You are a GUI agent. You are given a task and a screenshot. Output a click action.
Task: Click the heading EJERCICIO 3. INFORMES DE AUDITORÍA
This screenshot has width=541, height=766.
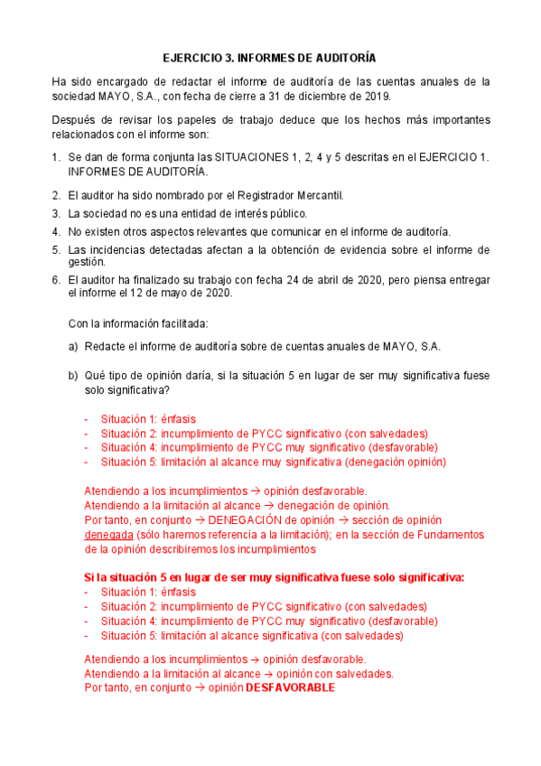pos(269,56)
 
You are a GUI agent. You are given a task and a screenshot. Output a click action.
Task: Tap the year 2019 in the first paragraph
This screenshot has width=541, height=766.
pos(377,96)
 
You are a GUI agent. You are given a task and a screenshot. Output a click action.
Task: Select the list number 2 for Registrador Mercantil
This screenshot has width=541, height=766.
pos(55,195)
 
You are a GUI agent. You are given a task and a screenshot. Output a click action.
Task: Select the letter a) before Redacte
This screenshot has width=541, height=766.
pos(74,347)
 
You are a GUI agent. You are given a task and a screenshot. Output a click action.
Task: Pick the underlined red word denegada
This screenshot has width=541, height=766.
pos(108,534)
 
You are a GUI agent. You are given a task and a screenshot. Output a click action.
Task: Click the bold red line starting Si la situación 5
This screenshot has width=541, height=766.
pos(274,577)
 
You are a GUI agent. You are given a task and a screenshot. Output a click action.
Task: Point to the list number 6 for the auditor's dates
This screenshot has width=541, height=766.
pos(55,280)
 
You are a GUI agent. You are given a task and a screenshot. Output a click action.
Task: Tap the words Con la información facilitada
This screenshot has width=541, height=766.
pos(138,323)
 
